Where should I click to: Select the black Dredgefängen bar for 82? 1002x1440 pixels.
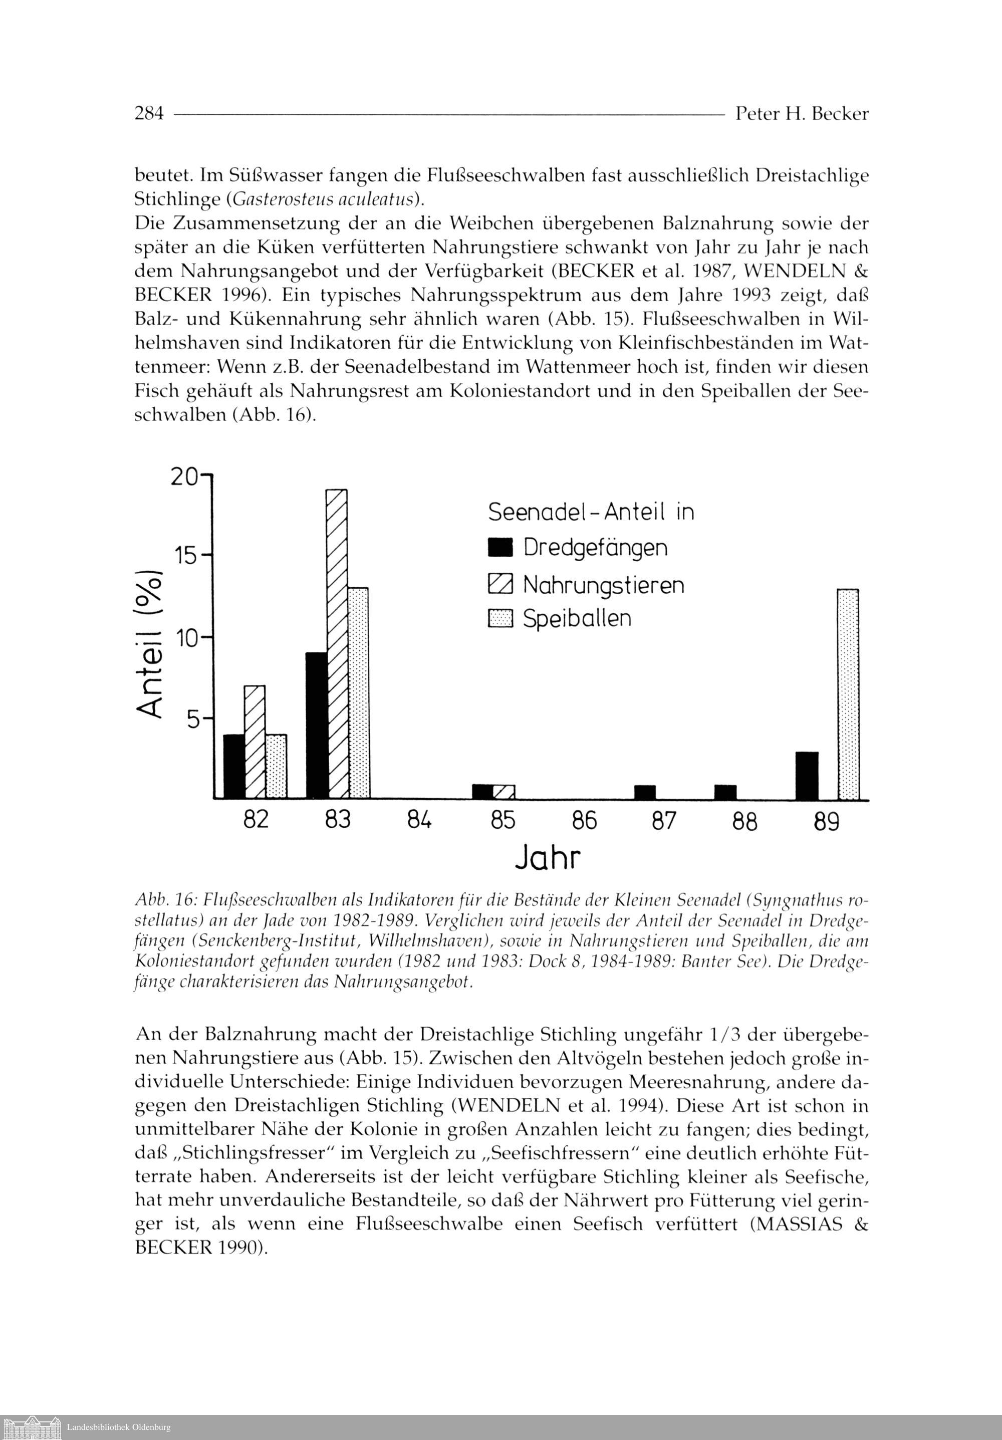coord(234,767)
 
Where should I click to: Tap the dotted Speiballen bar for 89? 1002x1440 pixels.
coord(848,694)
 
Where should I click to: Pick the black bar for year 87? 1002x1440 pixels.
coord(645,792)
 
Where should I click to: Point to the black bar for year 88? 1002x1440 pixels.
coord(725,792)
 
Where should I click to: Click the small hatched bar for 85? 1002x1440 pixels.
coord(504,792)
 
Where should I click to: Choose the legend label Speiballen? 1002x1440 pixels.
coord(577,619)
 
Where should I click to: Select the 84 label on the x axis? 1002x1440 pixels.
coord(419,820)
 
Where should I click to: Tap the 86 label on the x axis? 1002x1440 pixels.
coord(584,820)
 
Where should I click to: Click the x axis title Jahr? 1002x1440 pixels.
coord(548,858)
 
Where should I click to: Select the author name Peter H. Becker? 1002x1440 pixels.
coord(802,114)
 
